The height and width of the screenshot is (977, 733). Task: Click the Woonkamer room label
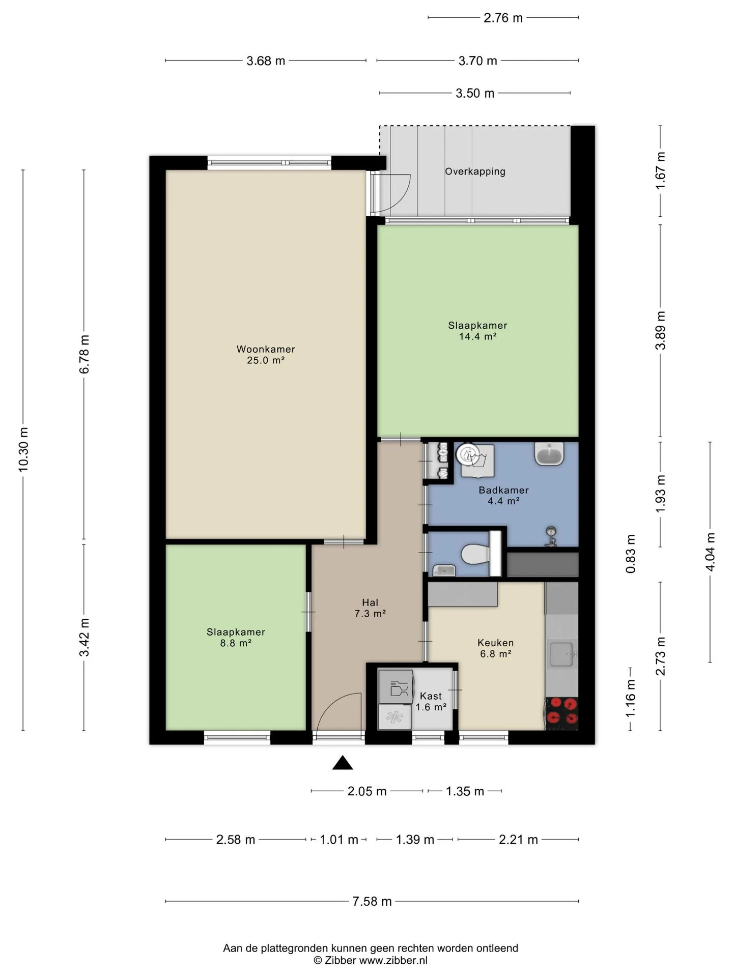click(266, 350)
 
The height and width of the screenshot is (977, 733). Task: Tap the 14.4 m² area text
click(477, 336)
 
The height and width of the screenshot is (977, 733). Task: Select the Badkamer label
click(503, 490)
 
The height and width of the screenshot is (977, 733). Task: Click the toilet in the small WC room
click(475, 554)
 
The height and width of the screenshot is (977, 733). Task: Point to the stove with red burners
click(562, 711)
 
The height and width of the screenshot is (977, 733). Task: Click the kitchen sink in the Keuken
click(562, 654)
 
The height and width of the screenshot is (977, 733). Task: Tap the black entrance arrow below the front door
click(343, 762)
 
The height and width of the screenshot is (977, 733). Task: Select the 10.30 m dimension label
click(23, 450)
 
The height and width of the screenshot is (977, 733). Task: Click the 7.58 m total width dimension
click(372, 902)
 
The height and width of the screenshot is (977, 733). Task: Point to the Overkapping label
click(475, 171)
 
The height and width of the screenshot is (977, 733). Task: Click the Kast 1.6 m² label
click(431, 701)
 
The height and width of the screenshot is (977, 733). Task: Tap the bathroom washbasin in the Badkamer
click(549, 454)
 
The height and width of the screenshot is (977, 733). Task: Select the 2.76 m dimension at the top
click(503, 18)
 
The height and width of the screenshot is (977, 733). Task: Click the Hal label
click(370, 602)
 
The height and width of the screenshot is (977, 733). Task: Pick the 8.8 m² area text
click(236, 643)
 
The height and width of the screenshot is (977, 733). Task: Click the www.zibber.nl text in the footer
click(393, 961)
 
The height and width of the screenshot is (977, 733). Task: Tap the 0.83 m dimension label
click(631, 554)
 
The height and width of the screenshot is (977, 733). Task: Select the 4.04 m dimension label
click(710, 552)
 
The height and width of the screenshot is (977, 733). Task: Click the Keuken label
click(495, 643)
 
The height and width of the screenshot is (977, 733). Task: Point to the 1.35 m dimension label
click(465, 791)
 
